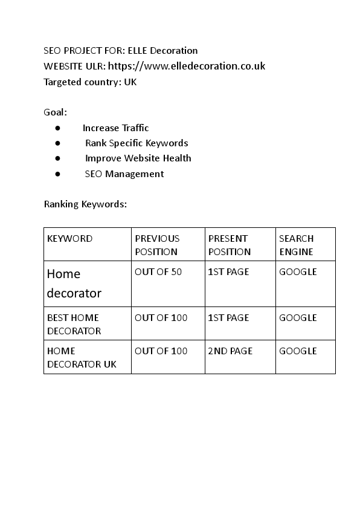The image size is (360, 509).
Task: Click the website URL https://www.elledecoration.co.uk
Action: tap(186, 66)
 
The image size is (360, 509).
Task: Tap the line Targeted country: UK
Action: tap(90, 82)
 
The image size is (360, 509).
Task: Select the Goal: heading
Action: tap(56, 112)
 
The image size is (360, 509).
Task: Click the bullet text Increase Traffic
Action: tap(115, 128)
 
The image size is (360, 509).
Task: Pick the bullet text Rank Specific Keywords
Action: tap(137, 143)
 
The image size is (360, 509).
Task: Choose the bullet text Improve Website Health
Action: tap(138, 158)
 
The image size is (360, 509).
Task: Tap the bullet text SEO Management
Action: tap(124, 174)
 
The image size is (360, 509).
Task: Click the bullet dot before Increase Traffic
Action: tap(57, 128)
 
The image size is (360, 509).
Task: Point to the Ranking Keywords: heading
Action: tap(85, 204)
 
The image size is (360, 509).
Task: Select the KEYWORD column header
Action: tap(70, 239)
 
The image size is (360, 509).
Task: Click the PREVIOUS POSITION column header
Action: tap(157, 245)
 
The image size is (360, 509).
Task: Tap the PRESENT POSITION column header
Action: tap(229, 245)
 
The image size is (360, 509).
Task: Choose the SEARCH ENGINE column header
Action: tap(297, 245)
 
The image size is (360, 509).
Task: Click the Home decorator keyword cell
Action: tap(74, 284)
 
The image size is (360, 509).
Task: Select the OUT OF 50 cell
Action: tap(158, 272)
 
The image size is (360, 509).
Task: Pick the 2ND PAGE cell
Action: tap(230, 351)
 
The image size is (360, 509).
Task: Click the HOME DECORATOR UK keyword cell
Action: tap(82, 357)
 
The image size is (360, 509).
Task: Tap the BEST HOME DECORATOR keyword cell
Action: tap(74, 324)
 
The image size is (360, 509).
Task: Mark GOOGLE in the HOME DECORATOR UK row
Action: tap(298, 351)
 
